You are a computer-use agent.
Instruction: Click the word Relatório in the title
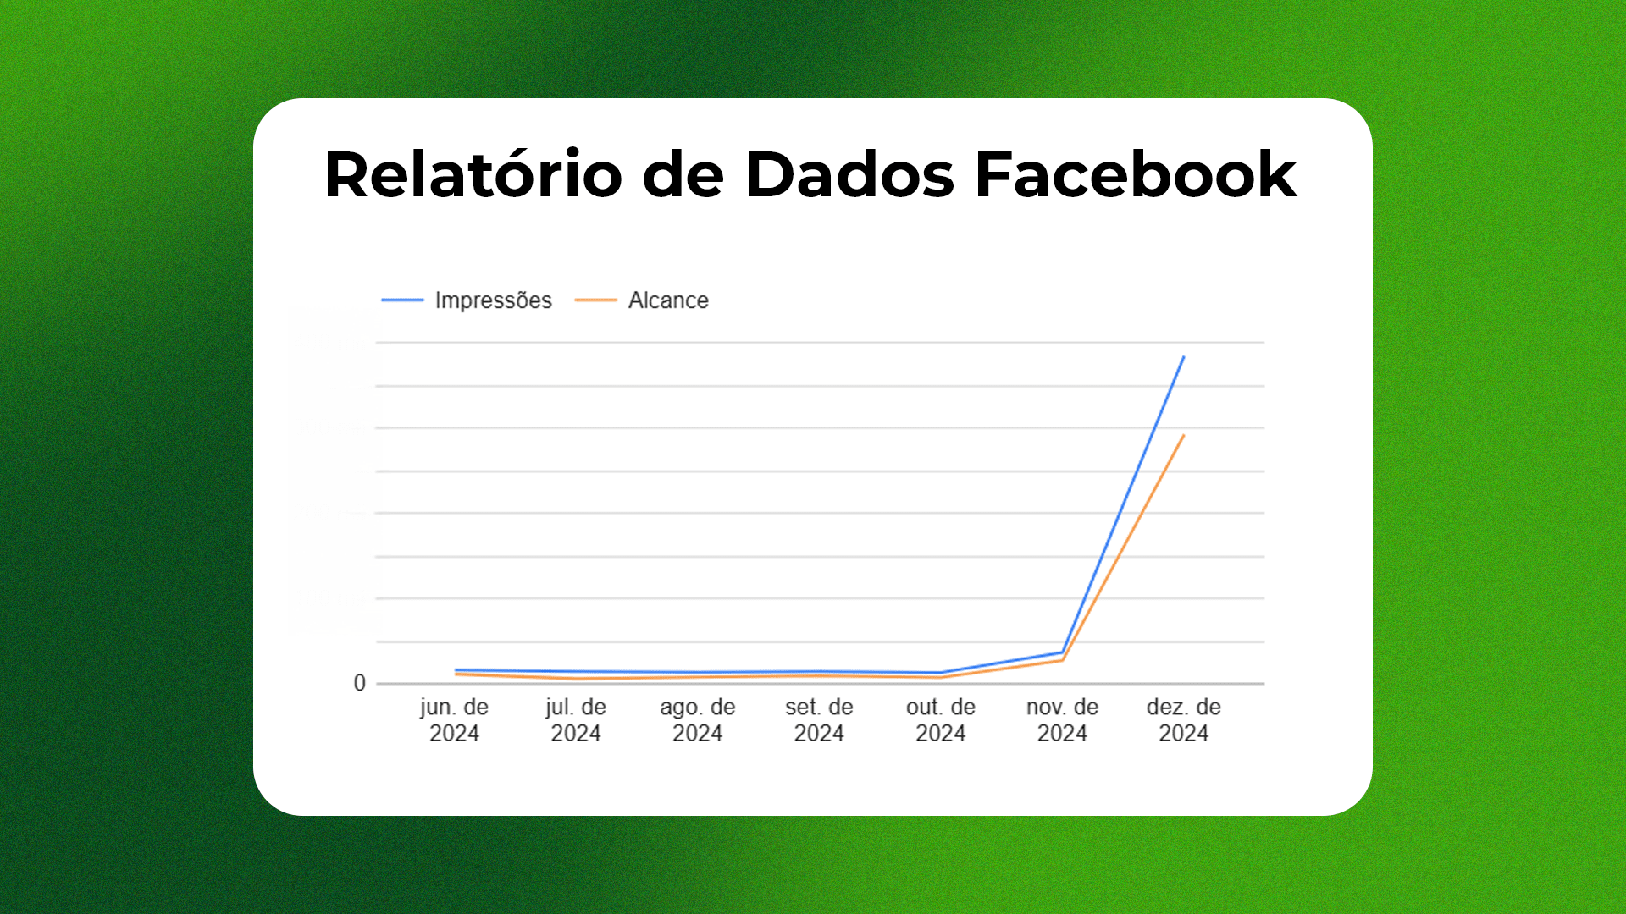(473, 174)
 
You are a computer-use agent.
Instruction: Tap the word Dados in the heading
(849, 174)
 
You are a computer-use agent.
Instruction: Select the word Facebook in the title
(1136, 174)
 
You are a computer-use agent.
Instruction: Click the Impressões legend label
(493, 300)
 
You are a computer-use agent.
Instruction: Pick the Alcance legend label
(668, 300)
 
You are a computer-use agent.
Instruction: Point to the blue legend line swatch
(402, 300)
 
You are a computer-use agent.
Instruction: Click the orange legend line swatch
(595, 300)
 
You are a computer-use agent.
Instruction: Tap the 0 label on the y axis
(360, 683)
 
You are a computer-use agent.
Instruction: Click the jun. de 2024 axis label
(454, 720)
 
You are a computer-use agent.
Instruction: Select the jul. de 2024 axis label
(576, 720)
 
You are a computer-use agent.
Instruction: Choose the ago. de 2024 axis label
(698, 720)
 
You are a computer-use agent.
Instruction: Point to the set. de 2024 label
(819, 720)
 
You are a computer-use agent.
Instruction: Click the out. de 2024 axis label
(941, 720)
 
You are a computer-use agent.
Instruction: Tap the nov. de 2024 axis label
(1062, 720)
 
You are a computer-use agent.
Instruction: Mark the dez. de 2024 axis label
(1184, 720)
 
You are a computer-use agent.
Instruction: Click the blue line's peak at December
(1184, 356)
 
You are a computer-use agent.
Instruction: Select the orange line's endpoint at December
(1184, 435)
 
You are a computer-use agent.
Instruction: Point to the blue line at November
(1062, 652)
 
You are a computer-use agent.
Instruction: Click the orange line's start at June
(456, 674)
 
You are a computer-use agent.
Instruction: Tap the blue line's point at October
(941, 673)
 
